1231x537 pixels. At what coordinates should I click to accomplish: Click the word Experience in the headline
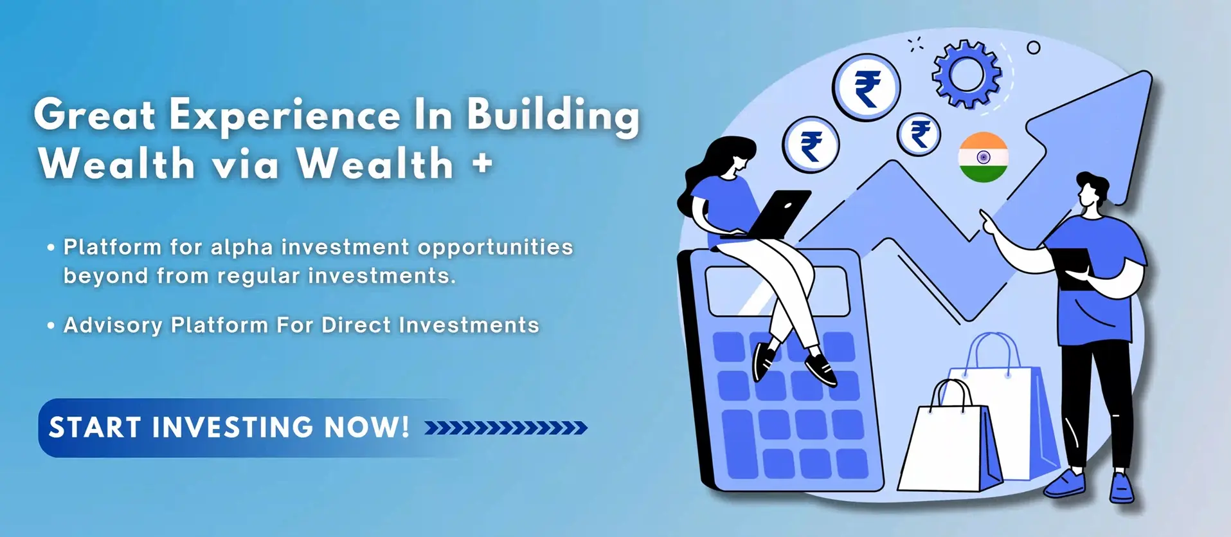285,116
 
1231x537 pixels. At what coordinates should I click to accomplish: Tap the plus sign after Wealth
482,163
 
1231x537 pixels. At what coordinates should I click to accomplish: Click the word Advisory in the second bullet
113,326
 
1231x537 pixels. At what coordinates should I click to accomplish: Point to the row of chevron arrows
506,428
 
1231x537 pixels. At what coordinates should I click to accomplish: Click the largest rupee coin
867,87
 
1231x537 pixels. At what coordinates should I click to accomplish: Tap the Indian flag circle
983,158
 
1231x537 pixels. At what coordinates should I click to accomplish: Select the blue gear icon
967,74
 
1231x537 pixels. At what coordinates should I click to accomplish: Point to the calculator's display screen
777,292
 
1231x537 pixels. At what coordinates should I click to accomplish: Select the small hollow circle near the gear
1034,48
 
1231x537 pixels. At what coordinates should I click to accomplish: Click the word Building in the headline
553,116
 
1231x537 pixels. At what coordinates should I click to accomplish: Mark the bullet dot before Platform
51,248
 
